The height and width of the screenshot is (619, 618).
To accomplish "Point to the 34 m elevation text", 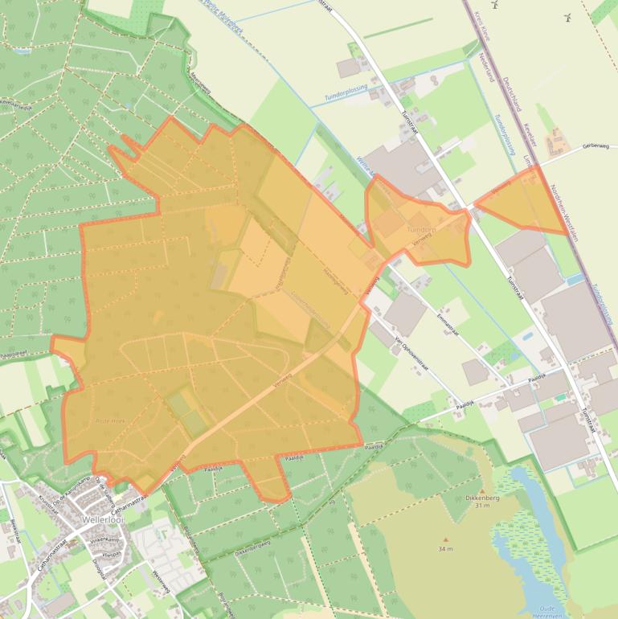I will tap(445, 549).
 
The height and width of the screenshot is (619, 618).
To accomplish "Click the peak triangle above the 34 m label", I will tap(445, 539).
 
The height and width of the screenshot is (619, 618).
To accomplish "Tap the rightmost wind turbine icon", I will tap(568, 15).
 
